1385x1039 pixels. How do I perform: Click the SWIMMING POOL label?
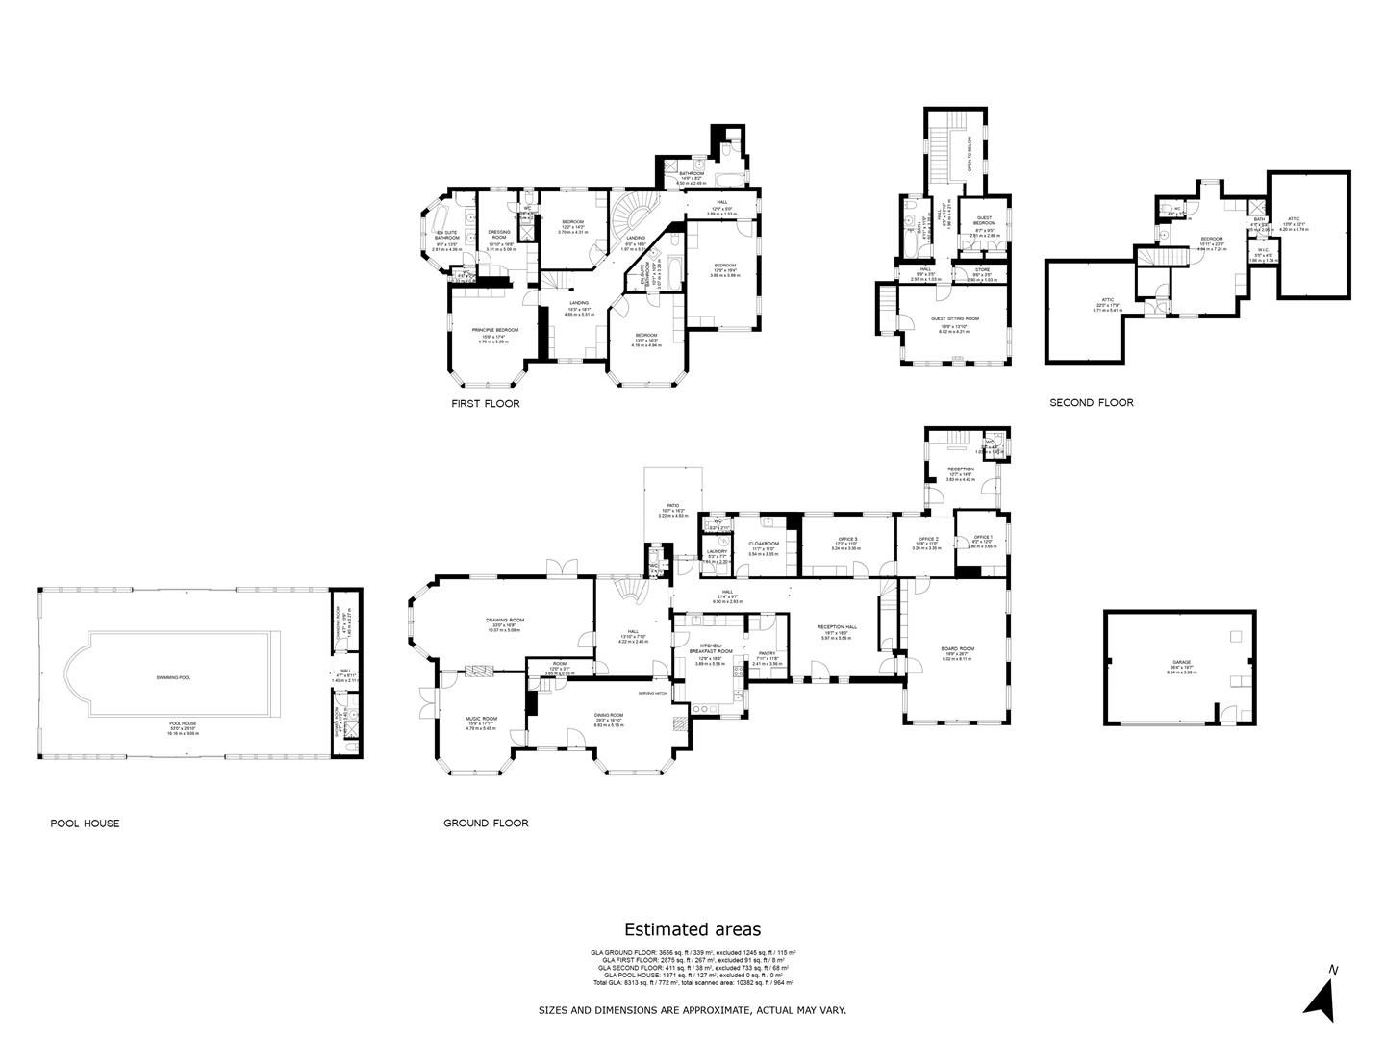pos(173,677)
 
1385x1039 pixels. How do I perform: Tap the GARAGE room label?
pos(1181,663)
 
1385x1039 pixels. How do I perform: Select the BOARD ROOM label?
pos(957,649)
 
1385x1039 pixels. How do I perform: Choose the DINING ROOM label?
pos(609,715)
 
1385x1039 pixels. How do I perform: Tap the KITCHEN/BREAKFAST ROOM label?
pos(711,646)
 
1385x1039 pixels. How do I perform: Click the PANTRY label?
pos(767,653)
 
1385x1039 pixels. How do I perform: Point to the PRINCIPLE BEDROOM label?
pos(495,330)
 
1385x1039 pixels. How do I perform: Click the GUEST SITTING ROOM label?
pos(955,318)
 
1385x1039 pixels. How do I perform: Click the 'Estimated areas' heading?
pos(692,929)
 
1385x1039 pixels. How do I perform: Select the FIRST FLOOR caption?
pos(486,404)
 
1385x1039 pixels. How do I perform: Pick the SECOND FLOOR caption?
pos(1091,403)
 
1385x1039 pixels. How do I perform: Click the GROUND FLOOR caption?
pos(486,824)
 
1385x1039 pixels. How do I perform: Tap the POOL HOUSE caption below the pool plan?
pos(85,824)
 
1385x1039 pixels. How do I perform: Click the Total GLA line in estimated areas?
pos(692,983)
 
